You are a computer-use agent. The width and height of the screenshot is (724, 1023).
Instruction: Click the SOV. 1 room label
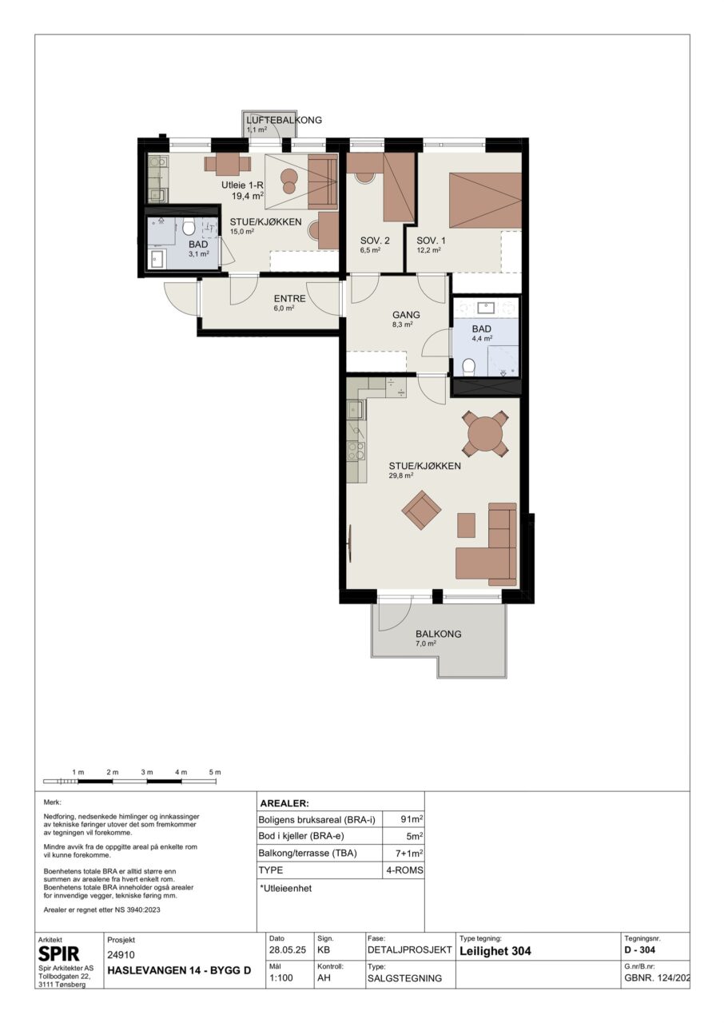coord(431,241)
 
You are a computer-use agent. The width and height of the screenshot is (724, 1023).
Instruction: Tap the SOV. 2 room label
coord(375,241)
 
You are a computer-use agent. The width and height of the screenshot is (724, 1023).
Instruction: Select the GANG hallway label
coord(406,315)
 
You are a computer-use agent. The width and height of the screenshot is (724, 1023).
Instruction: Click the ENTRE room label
coord(289,299)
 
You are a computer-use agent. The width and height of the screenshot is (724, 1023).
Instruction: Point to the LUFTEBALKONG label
coord(284,120)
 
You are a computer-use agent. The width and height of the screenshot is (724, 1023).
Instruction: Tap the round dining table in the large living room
coord(485,432)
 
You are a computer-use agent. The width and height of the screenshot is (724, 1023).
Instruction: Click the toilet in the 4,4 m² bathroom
coord(468,367)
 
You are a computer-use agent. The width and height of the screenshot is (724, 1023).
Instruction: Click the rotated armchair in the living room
coord(421,510)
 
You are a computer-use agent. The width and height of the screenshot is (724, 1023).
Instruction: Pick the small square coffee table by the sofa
coord(466,525)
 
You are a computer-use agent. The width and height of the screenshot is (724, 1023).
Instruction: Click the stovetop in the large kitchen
coord(356,451)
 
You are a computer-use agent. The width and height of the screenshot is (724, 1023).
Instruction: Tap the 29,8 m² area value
coord(401,475)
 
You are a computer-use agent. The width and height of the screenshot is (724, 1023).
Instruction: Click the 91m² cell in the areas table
coord(412,819)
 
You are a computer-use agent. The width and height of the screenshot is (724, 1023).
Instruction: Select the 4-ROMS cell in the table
coord(404,870)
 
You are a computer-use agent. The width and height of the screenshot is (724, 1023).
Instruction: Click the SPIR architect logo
coord(58,953)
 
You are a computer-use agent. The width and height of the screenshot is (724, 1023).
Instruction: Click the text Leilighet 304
coord(495,951)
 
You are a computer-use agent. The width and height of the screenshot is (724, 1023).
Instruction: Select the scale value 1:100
coord(281,977)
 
